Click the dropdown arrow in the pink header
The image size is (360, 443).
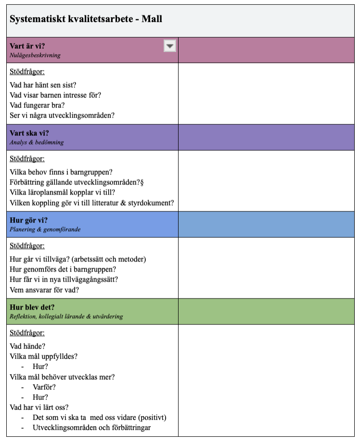pos(169,46)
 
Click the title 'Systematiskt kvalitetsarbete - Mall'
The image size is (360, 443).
pos(86,19)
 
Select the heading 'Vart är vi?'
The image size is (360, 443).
pos(27,47)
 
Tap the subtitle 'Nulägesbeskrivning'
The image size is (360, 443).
pos(35,55)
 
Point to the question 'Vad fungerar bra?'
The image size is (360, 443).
pos(37,105)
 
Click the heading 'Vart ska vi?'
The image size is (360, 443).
pos(29,133)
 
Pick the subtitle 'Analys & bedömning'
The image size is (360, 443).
pos(37,143)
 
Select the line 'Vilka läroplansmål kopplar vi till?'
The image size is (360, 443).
pos(63,193)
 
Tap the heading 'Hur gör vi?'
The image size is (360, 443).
pos(28,221)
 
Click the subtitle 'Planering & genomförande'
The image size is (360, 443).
pos(45,230)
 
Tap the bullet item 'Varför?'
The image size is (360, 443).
pos(44,387)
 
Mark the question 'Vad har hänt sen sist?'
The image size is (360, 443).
pos(43,85)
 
